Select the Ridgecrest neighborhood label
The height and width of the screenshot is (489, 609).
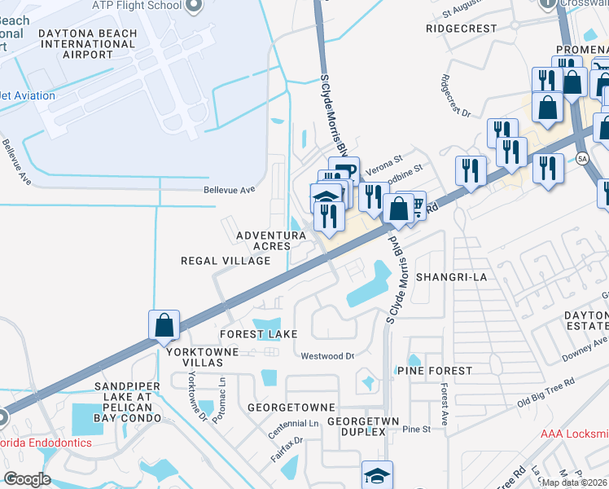coord(461,28)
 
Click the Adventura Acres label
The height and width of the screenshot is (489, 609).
coord(270,240)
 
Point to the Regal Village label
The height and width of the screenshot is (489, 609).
coord(226,261)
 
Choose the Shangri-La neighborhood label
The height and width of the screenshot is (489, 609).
coord(451,277)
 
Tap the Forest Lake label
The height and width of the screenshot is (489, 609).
coord(257,334)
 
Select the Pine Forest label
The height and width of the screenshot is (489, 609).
coord(434,371)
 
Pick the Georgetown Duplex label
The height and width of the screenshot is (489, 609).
coord(355,426)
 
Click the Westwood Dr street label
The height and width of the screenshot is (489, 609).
coord(327,356)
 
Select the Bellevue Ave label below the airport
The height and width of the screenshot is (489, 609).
coord(230,189)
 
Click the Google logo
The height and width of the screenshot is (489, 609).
coord(28,479)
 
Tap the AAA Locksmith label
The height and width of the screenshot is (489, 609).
coord(574,434)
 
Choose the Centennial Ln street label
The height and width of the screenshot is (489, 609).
coord(291,425)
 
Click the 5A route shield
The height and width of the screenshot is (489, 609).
coord(581,157)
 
